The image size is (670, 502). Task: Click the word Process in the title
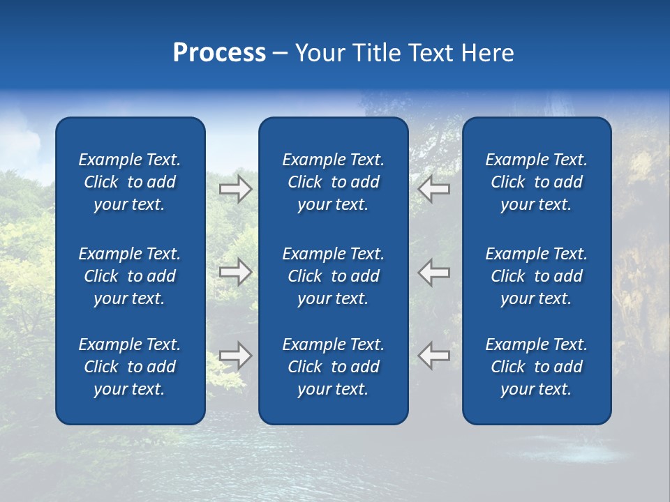219,53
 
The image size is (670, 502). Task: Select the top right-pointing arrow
236,189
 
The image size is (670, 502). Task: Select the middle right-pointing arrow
236,272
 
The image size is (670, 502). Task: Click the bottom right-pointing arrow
236,356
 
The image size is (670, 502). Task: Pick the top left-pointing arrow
433,189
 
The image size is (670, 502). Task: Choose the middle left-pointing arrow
433,272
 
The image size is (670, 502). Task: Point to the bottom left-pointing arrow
433,356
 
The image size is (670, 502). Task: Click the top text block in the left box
130,182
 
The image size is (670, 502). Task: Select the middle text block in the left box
130,276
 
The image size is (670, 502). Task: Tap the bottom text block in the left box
130,367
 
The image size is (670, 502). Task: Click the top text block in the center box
334,182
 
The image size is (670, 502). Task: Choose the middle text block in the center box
334,276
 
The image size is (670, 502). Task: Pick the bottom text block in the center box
334,367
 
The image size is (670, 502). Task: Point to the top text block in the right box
537,182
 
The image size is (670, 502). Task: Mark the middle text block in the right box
537,276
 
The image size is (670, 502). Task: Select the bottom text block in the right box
537,367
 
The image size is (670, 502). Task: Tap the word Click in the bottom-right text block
508,367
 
